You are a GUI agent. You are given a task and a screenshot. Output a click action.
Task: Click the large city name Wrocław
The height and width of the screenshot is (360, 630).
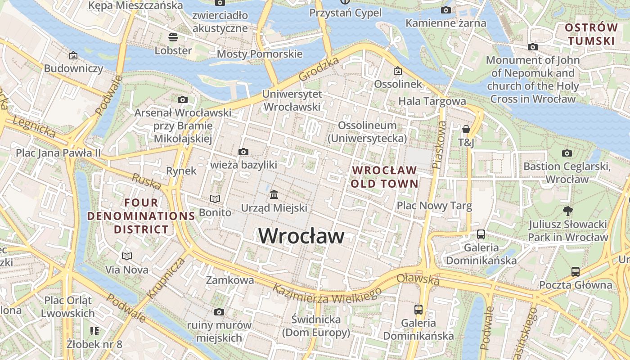(x=301, y=236)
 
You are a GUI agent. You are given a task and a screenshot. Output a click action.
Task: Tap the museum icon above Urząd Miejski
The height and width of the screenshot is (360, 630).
(x=274, y=195)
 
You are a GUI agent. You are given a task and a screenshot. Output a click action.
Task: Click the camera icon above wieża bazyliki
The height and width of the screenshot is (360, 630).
(x=243, y=152)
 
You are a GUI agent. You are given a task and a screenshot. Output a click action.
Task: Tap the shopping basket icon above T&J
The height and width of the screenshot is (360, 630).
(x=466, y=130)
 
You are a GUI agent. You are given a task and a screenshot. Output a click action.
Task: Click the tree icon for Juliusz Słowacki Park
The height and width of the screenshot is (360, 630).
(x=568, y=210)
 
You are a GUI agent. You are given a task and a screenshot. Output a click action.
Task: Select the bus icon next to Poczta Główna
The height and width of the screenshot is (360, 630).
(x=576, y=271)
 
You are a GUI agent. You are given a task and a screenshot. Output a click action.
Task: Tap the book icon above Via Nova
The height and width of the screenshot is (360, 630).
(x=127, y=256)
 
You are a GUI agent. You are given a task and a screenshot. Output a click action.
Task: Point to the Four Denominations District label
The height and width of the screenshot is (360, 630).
(x=141, y=216)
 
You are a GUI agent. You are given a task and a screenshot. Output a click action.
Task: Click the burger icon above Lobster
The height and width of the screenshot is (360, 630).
(x=173, y=37)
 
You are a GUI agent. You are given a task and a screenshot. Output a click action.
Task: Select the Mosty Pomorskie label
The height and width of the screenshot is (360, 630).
(x=260, y=54)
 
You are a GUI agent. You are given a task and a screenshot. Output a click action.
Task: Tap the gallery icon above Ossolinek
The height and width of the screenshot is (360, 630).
(x=398, y=71)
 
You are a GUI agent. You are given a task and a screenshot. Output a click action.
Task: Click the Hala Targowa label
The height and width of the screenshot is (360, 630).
(x=432, y=101)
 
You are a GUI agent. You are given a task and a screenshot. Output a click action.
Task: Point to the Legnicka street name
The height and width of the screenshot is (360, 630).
(x=34, y=127)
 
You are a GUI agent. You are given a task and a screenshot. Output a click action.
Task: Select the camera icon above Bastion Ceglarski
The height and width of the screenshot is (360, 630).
(x=567, y=153)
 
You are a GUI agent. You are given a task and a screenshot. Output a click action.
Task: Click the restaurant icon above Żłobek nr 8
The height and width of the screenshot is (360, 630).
(x=94, y=332)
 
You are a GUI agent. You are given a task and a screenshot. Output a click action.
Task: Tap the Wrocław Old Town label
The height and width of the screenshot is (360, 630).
(x=385, y=177)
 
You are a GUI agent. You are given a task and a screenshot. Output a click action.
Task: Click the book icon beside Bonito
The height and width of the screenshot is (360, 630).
(x=215, y=199)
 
